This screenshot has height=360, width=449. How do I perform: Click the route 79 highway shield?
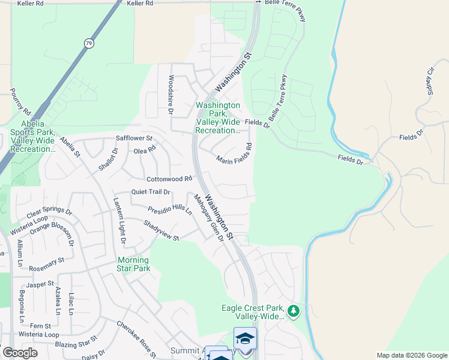pos(89,43)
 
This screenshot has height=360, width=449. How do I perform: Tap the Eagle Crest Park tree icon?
pos(294,311)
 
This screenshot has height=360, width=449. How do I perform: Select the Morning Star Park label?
pos(133,264)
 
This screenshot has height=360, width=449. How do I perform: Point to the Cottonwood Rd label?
pos(170,179)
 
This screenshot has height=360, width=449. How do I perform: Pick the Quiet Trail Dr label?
pos(151,192)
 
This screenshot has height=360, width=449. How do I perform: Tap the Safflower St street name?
pos(134,138)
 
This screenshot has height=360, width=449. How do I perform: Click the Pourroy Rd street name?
pos(20,102)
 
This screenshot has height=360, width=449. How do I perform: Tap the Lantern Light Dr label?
pos(119,221)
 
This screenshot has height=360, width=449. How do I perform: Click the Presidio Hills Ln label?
pos(170,211)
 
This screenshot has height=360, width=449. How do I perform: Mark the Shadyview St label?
pos(161,230)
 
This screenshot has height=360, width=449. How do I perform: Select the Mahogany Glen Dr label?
pos(208,217)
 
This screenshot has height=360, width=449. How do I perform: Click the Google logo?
pos(20,353)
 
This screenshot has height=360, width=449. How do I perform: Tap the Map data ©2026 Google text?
pos(411,355)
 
